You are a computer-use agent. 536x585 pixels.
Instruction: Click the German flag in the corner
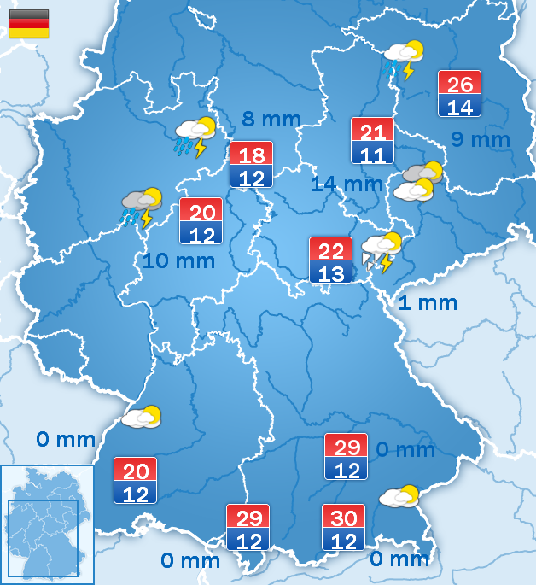(x=28, y=23)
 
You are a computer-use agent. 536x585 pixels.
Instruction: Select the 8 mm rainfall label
(x=271, y=119)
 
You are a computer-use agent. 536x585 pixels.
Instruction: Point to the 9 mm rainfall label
(x=481, y=139)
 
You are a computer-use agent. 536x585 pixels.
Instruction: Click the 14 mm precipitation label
(x=347, y=183)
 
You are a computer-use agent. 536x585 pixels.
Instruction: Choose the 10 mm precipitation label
(x=178, y=260)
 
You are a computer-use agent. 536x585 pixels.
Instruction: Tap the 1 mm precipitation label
(x=428, y=302)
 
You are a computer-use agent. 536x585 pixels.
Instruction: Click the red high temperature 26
(x=460, y=84)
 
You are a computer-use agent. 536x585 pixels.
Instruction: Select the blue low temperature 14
(x=460, y=107)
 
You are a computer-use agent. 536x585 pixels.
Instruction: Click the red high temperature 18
(x=251, y=155)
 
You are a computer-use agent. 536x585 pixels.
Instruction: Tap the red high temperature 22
(x=330, y=249)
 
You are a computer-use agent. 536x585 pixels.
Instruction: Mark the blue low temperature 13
(x=330, y=273)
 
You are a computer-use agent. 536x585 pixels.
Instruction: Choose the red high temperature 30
(x=343, y=516)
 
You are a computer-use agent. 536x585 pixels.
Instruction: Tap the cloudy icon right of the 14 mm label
(x=419, y=182)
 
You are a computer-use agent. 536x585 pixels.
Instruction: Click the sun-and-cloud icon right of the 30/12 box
(x=399, y=496)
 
